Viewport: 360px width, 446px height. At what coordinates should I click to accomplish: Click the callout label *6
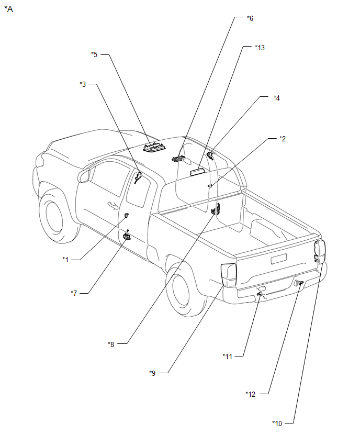[250, 18]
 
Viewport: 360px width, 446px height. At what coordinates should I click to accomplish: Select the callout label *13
[260, 48]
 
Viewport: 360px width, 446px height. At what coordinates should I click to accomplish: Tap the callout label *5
[94, 54]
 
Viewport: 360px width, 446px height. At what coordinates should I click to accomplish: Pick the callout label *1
[65, 260]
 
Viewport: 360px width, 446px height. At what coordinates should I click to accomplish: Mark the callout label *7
[74, 293]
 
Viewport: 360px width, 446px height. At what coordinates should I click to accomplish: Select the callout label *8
[111, 344]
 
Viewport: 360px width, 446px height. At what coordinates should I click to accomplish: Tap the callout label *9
[152, 373]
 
